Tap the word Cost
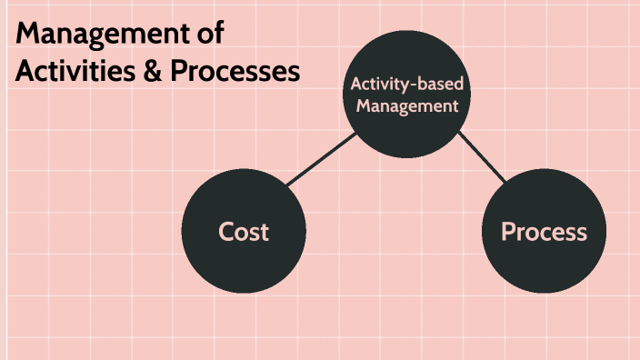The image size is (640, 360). pos(244,232)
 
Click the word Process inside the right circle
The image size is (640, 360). pos(544,232)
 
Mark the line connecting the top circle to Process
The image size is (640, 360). pos(481,155)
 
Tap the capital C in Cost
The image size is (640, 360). pos(226,232)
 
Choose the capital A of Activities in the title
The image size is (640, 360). pos(25,72)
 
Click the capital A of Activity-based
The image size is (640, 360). pos(356,85)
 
